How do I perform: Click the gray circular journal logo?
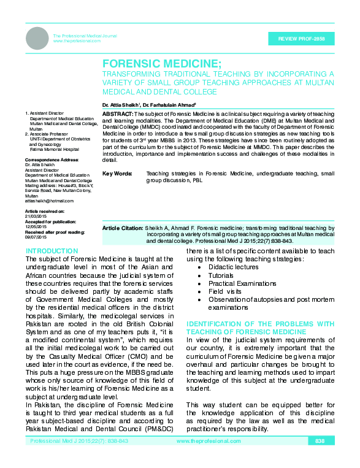pyautogui.click(x=37, y=39)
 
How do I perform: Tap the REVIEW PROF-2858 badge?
pyautogui.click(x=301, y=39)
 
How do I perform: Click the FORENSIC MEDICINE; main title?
pyautogui.click(x=161, y=64)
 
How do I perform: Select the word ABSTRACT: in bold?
pyautogui.click(x=117, y=115)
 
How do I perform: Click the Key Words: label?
pyautogui.click(x=117, y=175)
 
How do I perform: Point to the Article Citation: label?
pyautogui.click(x=123, y=228)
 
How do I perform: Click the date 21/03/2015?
pyautogui.click(x=36, y=217)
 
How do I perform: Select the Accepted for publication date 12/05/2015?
pyautogui.click(x=36, y=227)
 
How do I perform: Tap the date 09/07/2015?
pyautogui.click(x=36, y=237)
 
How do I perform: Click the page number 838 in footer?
pyautogui.click(x=320, y=442)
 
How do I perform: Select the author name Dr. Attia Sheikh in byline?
pyautogui.click(x=120, y=105)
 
